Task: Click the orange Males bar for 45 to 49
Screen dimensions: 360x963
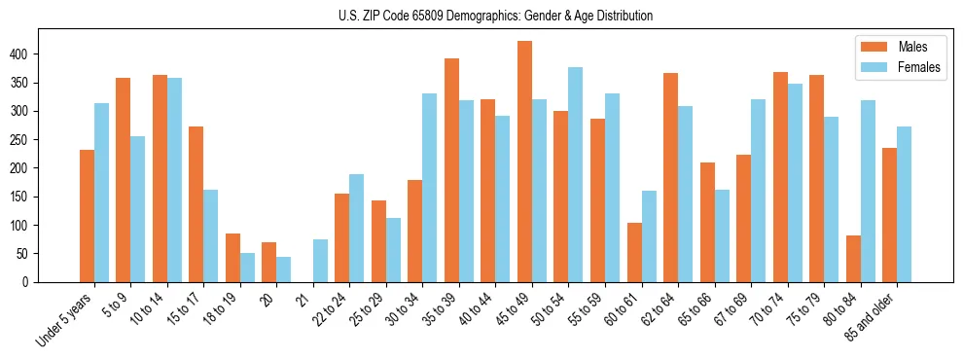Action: (x=524, y=162)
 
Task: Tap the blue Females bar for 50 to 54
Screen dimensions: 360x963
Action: (x=576, y=175)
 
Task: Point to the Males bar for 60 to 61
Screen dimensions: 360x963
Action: (x=634, y=253)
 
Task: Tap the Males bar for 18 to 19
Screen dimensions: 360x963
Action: (x=232, y=258)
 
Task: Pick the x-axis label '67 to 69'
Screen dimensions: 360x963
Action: (x=731, y=311)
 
